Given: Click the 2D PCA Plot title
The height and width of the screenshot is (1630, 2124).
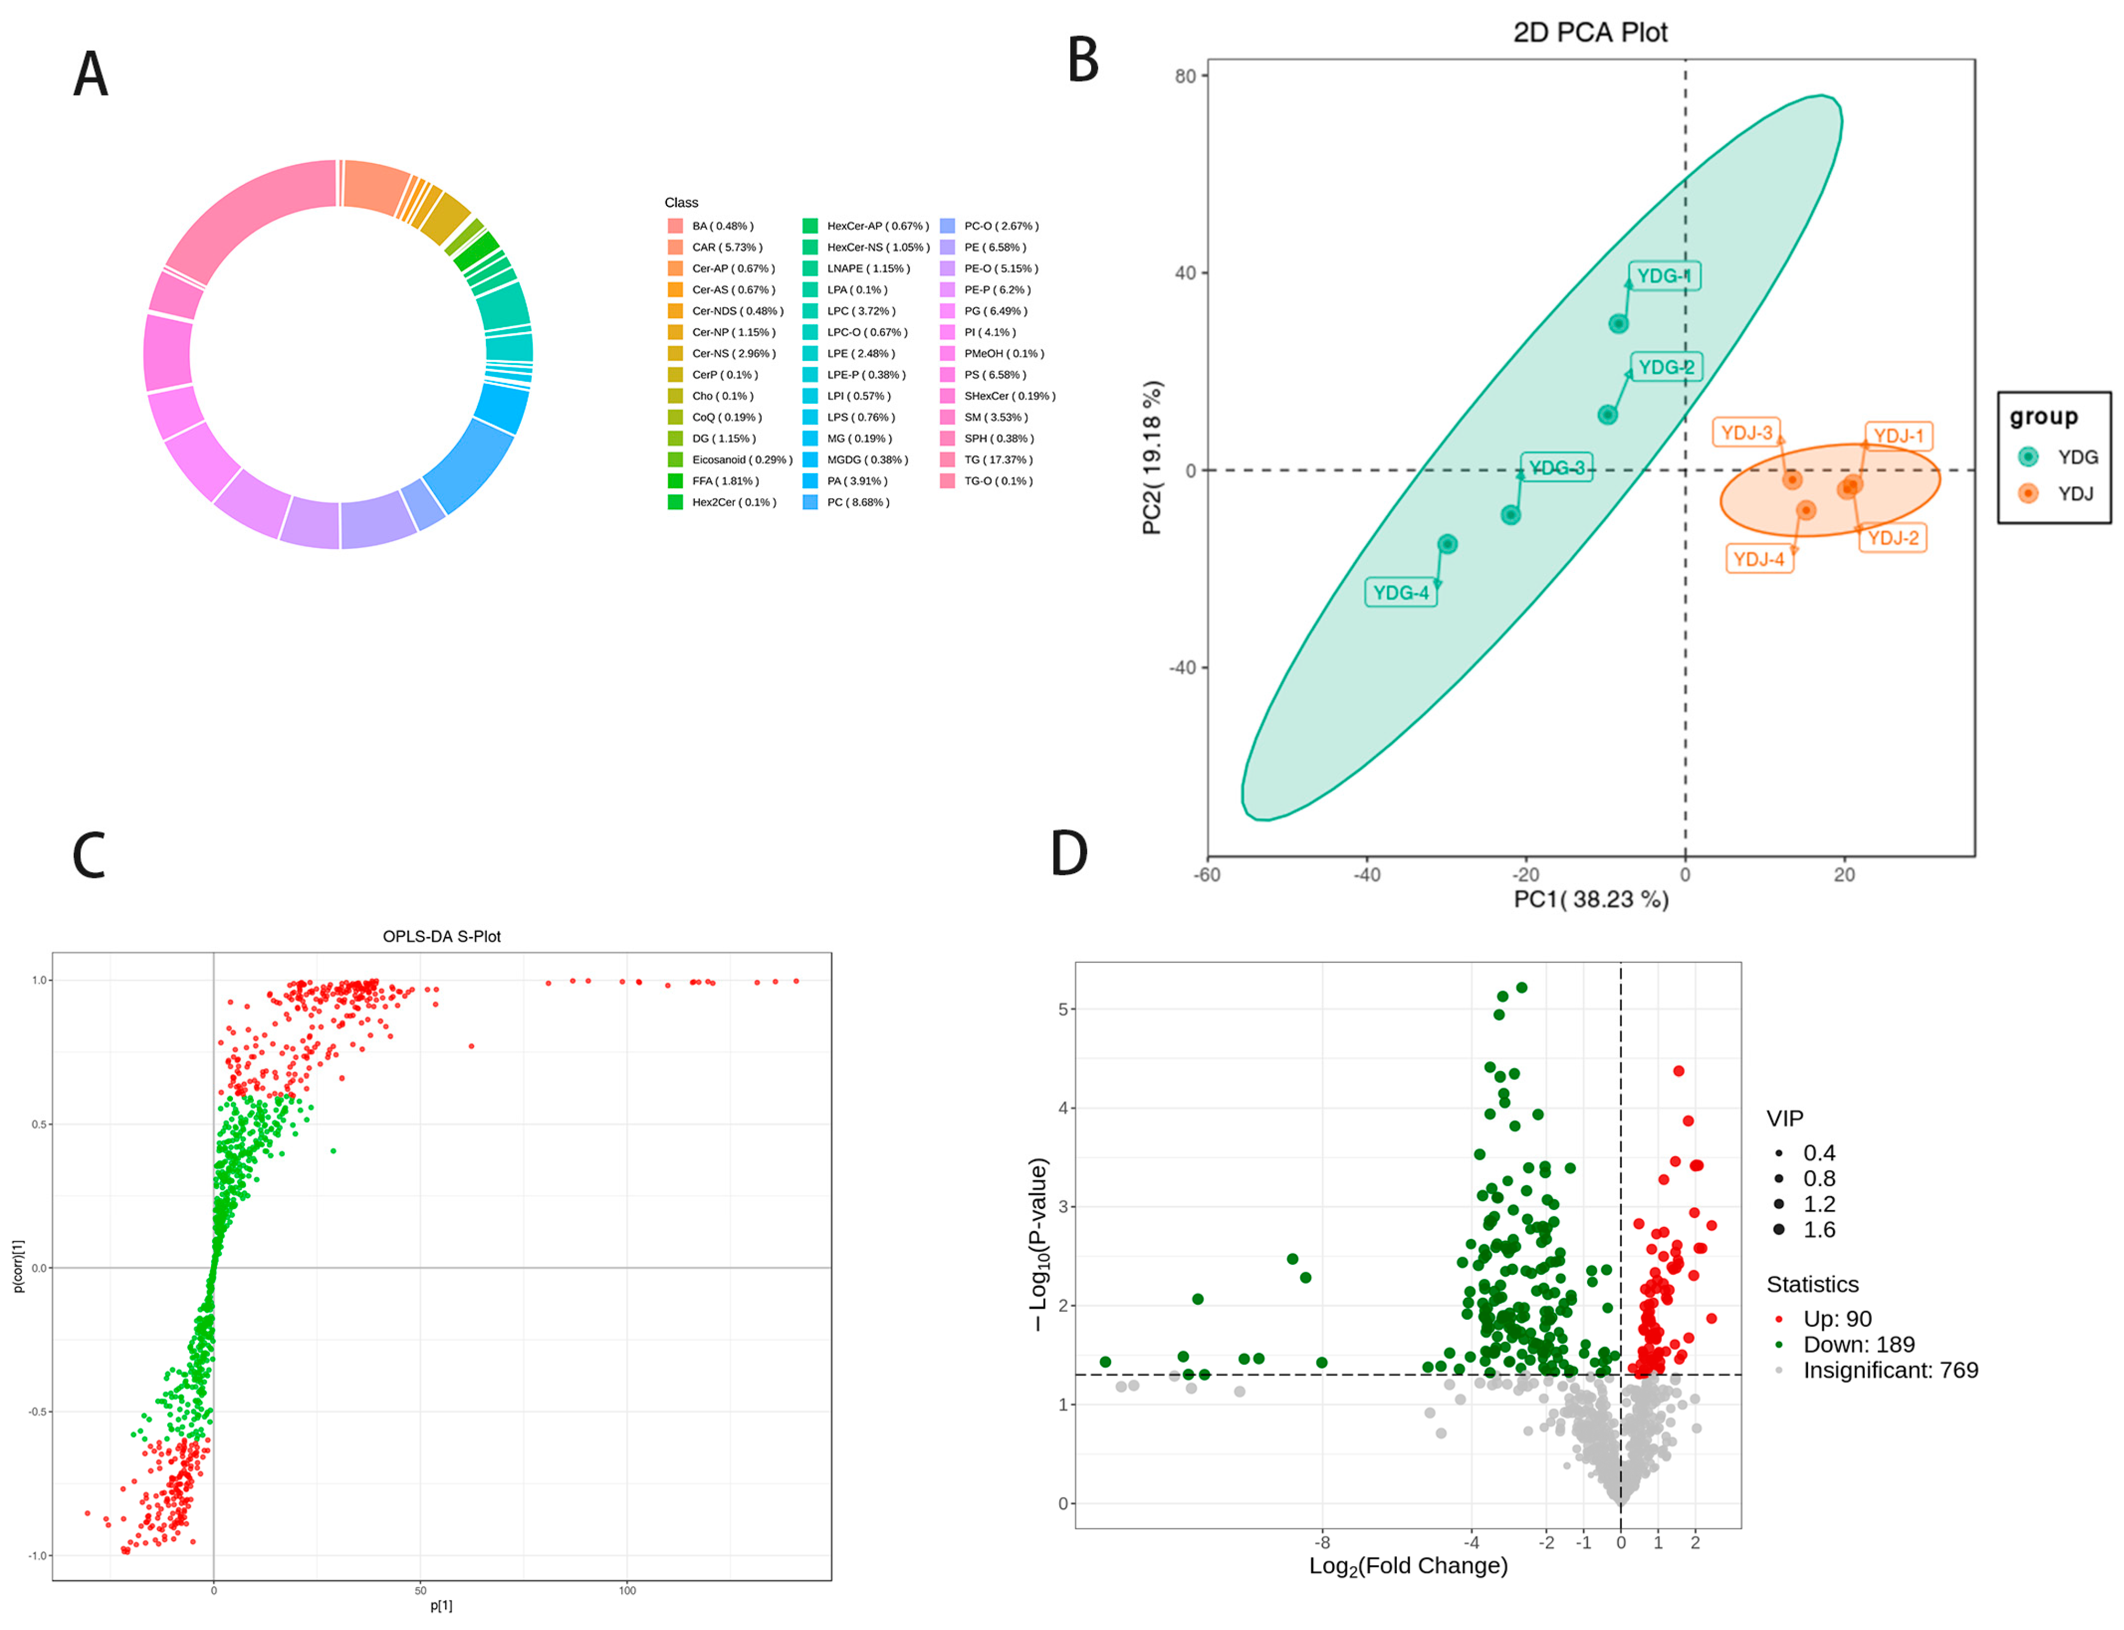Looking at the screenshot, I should point(1590,32).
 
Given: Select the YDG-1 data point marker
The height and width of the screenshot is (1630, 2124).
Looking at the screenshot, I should point(1617,324).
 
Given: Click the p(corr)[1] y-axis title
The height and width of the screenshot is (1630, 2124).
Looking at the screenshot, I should point(17,1266).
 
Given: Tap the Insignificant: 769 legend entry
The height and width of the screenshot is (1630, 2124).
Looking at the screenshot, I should point(1888,1370).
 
